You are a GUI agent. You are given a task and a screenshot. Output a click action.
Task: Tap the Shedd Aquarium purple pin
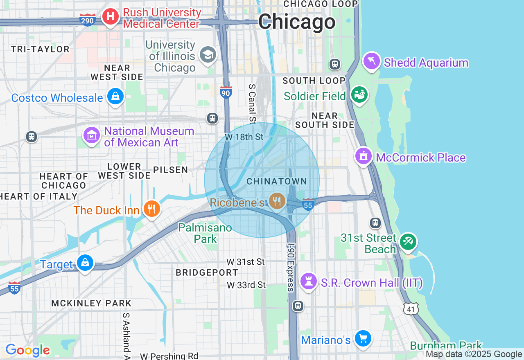(372, 62)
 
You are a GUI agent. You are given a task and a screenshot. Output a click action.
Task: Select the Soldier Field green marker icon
(359, 95)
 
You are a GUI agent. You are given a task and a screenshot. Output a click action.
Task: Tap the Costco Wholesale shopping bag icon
(115, 97)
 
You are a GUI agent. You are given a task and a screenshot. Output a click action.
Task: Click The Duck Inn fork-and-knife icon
(151, 209)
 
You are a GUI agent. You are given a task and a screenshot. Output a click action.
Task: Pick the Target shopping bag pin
(85, 263)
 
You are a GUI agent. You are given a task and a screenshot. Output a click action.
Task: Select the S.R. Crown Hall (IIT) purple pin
(309, 281)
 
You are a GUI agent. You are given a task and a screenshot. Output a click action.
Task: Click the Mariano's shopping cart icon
(363, 339)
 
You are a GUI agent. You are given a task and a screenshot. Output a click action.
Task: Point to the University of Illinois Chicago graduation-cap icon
(208, 54)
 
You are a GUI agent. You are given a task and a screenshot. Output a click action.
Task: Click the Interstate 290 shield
(88, 20)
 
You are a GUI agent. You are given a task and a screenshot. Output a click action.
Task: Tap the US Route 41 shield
(411, 309)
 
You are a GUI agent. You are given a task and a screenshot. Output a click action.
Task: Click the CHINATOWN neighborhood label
(277, 181)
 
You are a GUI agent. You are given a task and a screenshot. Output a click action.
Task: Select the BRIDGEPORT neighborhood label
(207, 272)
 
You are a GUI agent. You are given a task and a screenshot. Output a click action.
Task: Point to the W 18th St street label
(244, 137)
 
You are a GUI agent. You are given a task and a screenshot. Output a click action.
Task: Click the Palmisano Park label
(205, 233)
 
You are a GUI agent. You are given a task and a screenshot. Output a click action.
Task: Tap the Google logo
(27, 350)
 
